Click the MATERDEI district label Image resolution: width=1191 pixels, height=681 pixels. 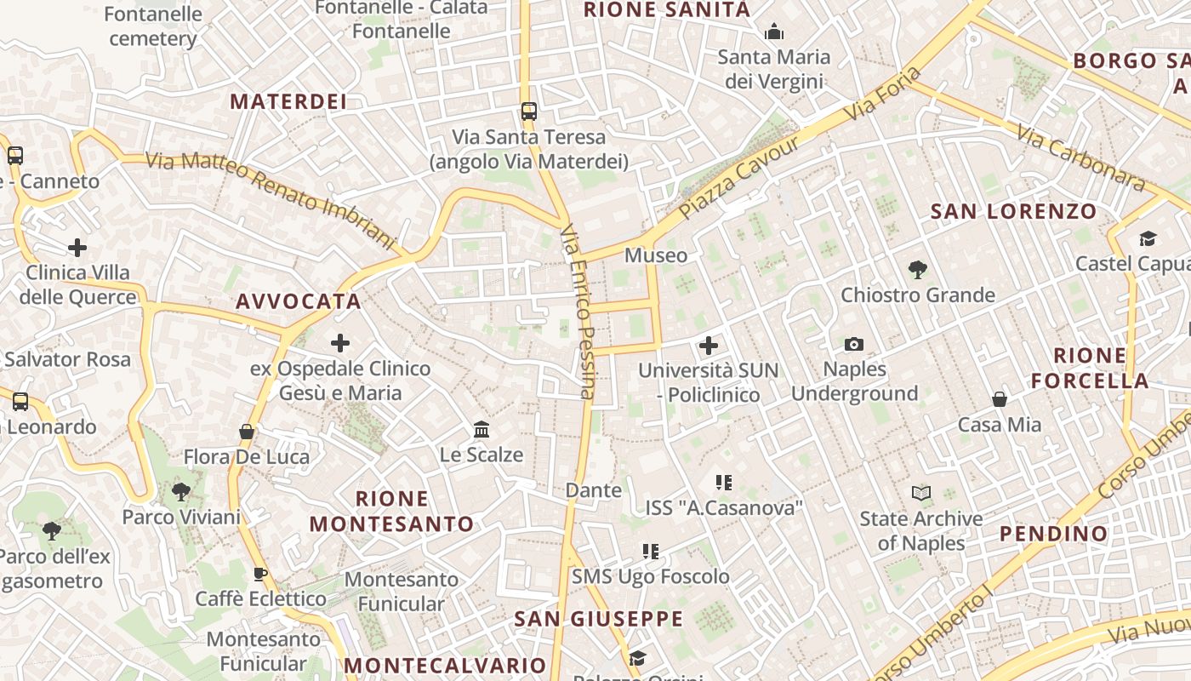coord(288,101)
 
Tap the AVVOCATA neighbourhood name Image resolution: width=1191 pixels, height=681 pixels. coord(299,301)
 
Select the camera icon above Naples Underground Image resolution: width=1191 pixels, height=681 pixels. coord(854,344)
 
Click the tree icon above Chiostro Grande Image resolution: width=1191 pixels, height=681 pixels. coord(917,270)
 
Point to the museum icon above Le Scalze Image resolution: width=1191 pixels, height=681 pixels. coord(482,429)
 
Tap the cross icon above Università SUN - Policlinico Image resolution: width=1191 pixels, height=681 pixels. coord(708,346)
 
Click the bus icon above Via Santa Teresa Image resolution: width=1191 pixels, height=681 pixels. coord(529,111)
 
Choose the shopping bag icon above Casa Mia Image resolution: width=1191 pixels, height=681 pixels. coord(1000,399)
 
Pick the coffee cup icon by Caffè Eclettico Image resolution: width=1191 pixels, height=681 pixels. coord(260,574)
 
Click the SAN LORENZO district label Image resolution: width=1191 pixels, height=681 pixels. coord(1014,211)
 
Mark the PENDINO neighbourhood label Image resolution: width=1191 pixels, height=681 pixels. coord(1054,534)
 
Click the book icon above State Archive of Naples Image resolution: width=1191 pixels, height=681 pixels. coord(920,493)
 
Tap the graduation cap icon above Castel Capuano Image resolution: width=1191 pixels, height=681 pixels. coord(1148,238)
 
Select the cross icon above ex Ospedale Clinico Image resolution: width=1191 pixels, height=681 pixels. coord(340,343)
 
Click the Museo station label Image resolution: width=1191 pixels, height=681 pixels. coord(656,255)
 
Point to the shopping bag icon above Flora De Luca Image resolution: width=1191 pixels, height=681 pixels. coord(247,432)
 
